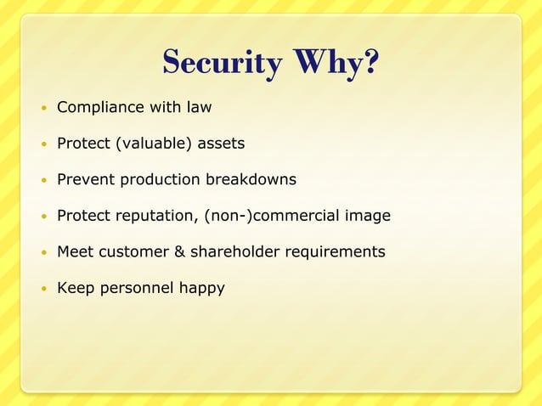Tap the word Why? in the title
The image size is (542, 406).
(336, 62)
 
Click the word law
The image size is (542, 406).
(199, 108)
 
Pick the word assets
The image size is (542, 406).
(221, 144)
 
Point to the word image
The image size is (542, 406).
(367, 216)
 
